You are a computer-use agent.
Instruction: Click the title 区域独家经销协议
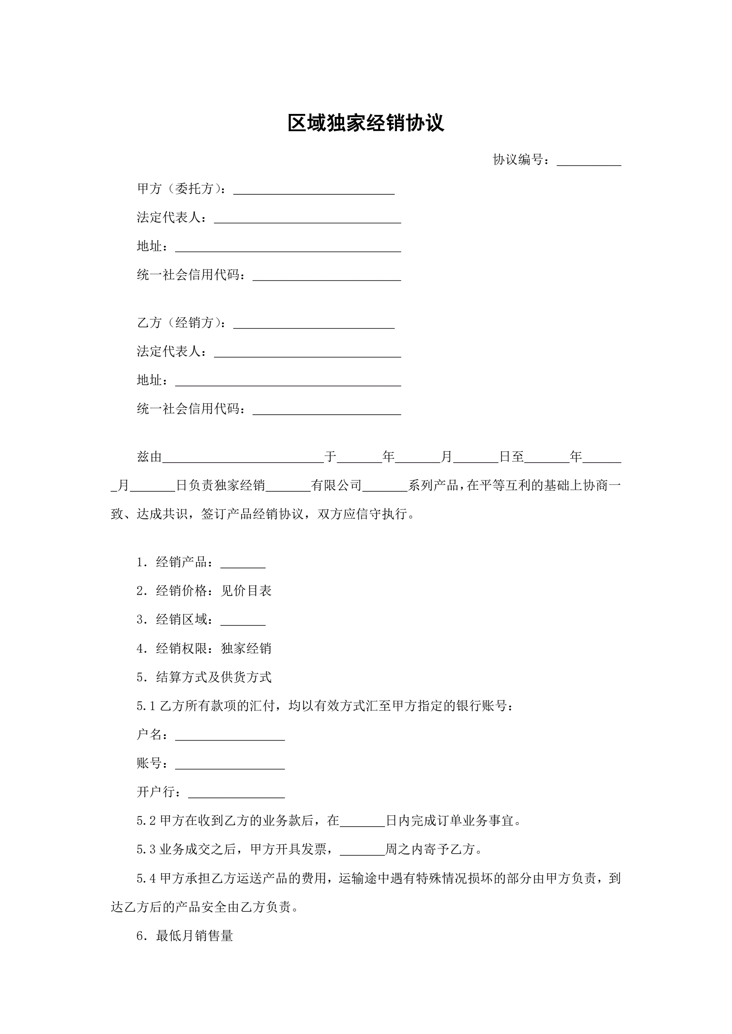pyautogui.click(x=365, y=123)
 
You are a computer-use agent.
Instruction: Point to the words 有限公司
pyautogui.click(x=336, y=486)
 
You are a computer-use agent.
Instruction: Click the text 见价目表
pyautogui.click(x=246, y=591)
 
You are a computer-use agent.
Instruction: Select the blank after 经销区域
pyautogui.click(x=243, y=620)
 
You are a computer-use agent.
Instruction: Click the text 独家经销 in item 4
pyautogui.click(x=246, y=648)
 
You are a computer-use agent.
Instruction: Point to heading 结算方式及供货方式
pyautogui.click(x=214, y=677)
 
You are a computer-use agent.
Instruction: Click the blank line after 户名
pyautogui.click(x=230, y=735)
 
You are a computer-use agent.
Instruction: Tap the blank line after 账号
pyautogui.click(x=230, y=764)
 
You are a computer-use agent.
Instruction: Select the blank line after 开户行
pyautogui.click(x=236, y=793)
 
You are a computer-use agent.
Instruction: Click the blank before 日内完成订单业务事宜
pyautogui.click(x=363, y=821)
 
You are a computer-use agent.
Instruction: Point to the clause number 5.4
pyautogui.click(x=146, y=879)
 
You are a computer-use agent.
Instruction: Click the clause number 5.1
pyautogui.click(x=146, y=706)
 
